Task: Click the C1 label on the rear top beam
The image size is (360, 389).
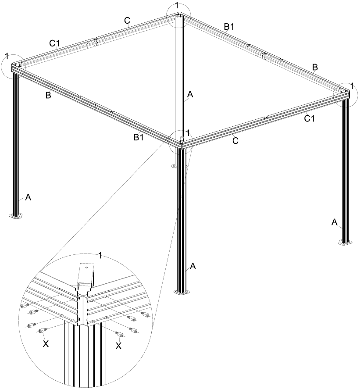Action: [x=54, y=43]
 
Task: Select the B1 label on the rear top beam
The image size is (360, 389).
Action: [x=229, y=27]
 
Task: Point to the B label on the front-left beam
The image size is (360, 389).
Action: [x=48, y=96]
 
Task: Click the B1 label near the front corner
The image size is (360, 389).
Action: [x=139, y=137]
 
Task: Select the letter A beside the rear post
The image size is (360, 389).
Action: [x=190, y=94]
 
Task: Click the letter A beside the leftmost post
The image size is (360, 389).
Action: [x=28, y=198]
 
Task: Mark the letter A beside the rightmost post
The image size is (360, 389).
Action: [x=334, y=222]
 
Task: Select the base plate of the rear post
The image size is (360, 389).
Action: [x=175, y=166]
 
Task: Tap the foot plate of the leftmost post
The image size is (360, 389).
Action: [x=17, y=216]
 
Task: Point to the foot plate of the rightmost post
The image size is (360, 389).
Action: [x=346, y=242]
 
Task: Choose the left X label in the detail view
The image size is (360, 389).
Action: [x=45, y=343]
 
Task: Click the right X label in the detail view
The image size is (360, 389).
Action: [x=119, y=346]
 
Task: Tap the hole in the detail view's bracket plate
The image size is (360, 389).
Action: [x=86, y=267]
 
